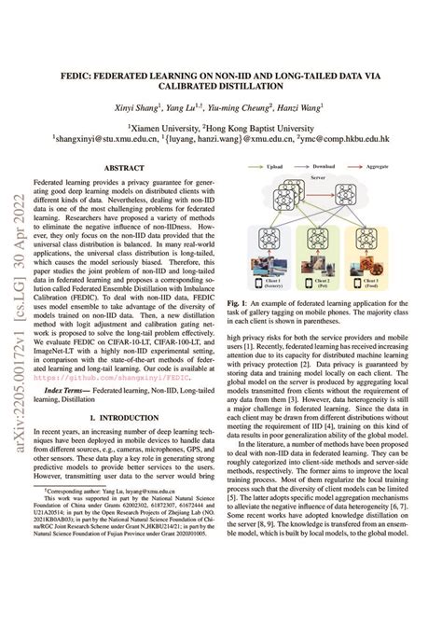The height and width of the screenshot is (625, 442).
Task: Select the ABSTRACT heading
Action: [123, 168]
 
